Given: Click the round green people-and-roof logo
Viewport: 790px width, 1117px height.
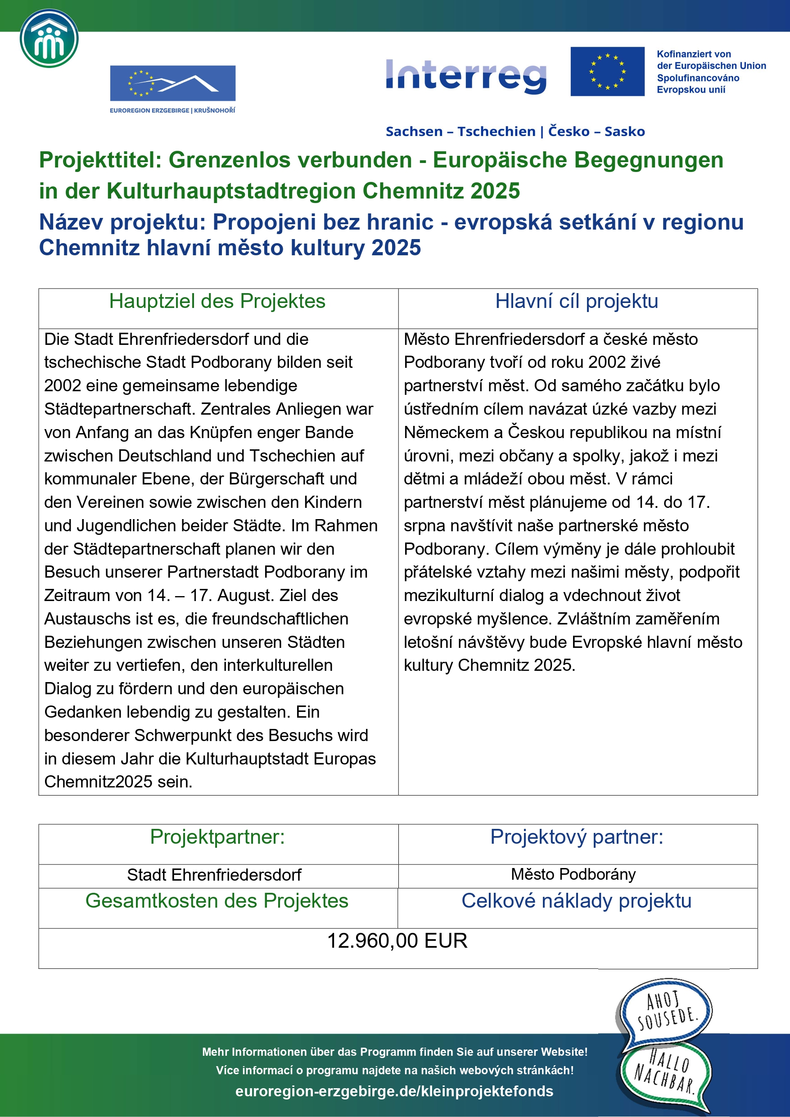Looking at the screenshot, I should click(49, 38).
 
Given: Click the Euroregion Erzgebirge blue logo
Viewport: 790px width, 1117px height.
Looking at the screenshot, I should click(172, 83).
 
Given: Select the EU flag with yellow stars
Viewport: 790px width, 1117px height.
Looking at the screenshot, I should click(607, 72).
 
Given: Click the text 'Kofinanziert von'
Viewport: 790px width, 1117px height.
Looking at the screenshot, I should click(693, 54).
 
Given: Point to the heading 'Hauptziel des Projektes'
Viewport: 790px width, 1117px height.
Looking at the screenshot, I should click(217, 301).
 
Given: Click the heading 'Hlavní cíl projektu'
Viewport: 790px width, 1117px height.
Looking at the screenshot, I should click(577, 301).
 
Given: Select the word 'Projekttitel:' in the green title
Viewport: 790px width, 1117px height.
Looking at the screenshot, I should click(100, 160).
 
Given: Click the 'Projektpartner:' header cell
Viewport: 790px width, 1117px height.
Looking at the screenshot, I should click(217, 837).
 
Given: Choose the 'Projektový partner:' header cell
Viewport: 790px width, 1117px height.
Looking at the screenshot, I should click(577, 837).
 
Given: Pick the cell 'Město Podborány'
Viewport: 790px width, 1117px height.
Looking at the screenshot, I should click(573, 874).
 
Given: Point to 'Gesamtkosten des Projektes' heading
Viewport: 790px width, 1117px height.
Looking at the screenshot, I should click(217, 900).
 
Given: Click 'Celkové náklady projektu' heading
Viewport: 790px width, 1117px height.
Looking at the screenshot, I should click(577, 900).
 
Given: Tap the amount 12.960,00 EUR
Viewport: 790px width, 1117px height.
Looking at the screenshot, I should click(397, 941).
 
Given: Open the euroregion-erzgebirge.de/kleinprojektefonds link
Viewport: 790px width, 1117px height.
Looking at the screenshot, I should click(394, 1091).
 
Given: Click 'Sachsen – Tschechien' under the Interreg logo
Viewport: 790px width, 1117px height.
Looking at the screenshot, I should click(460, 131).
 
